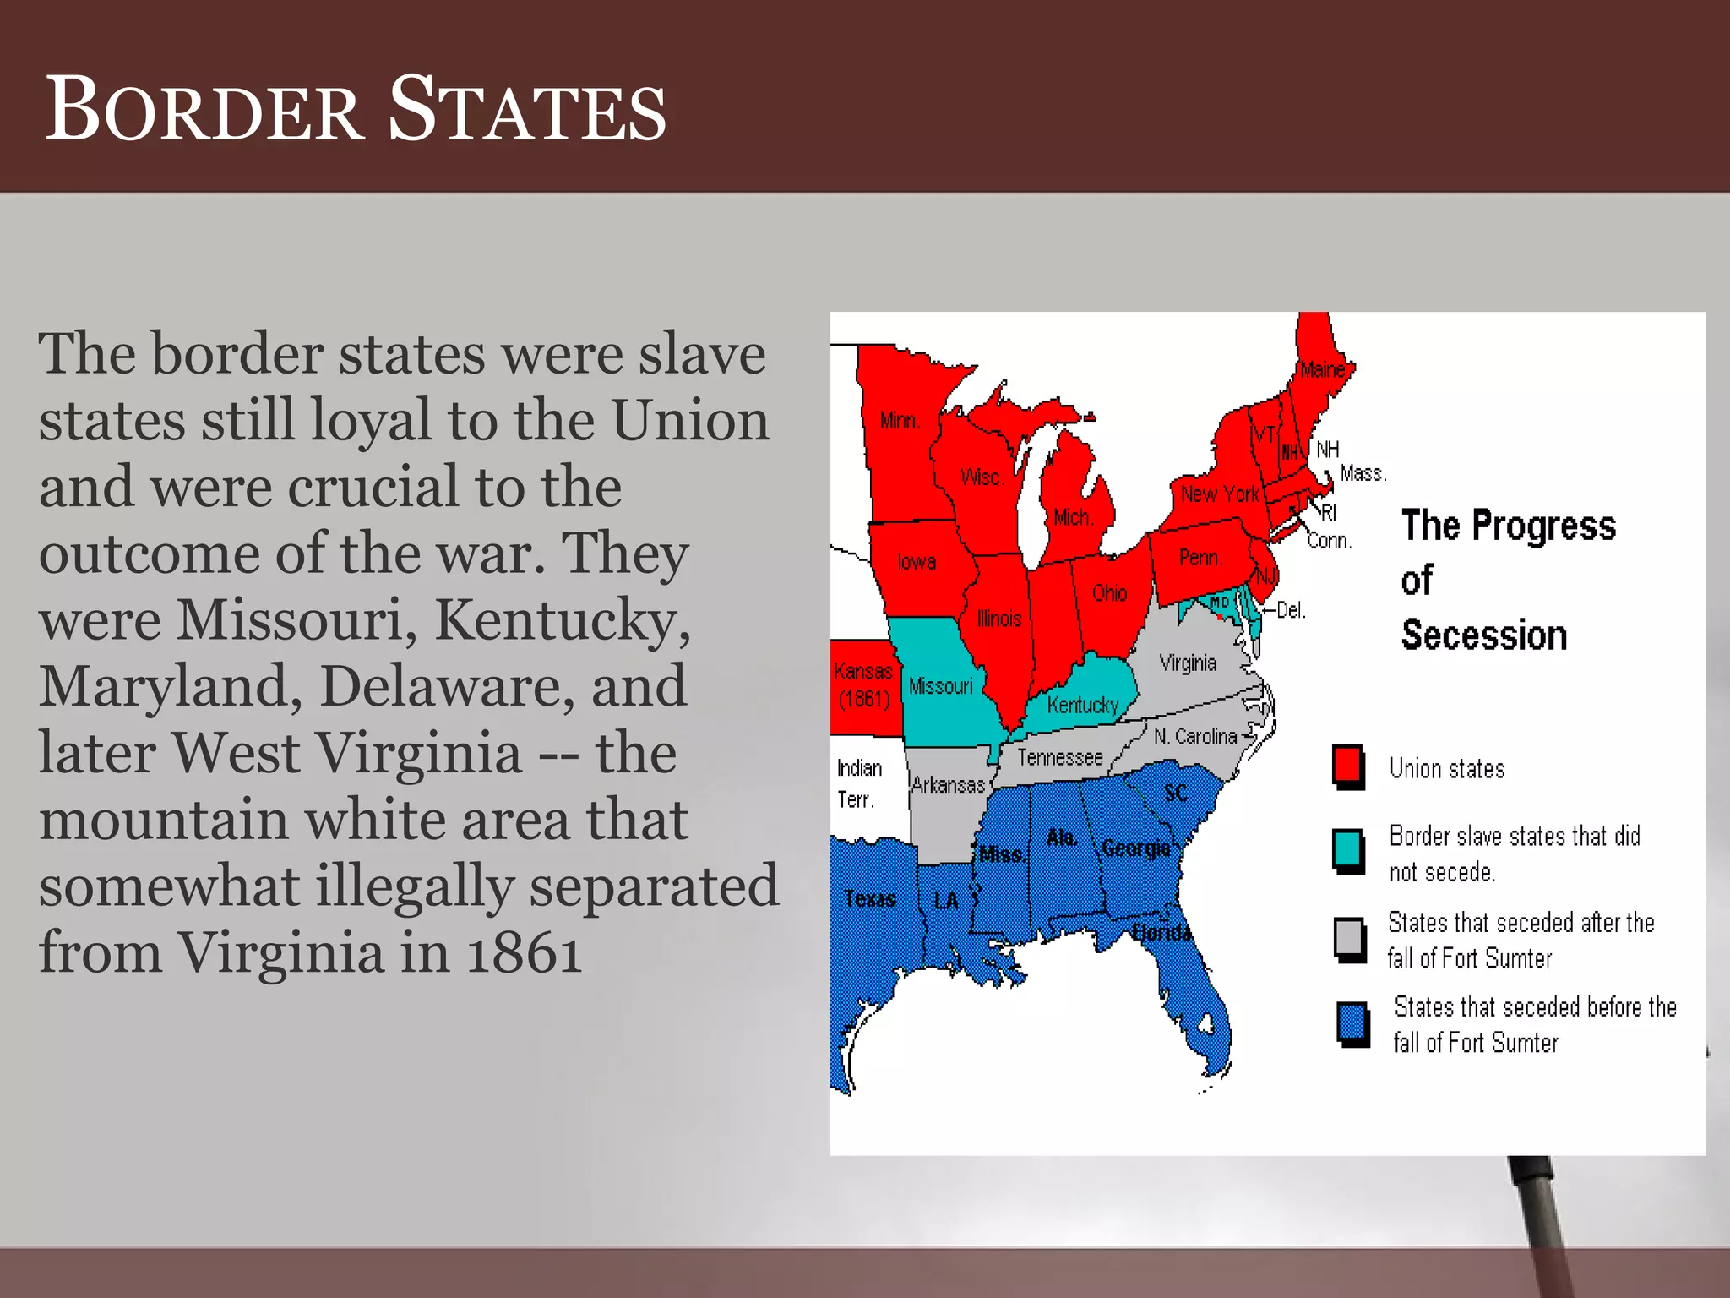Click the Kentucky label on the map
pos(1082,705)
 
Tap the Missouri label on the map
pos(940,686)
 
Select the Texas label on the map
pos(869,899)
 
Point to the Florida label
pos(1161,932)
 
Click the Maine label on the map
pos(1322,369)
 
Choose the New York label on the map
pos(1219,494)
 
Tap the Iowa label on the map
pos(917,562)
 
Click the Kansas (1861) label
pos(863,685)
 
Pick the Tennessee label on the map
pos(1059,757)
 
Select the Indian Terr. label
pos(858,783)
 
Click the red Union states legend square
pos(1347,765)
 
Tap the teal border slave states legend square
pos(1347,849)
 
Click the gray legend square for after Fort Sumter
pos(1349,938)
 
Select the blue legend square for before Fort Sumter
pos(1352,1023)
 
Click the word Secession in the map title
pos(1483,635)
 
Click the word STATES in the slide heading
pos(527,110)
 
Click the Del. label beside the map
pos(1291,610)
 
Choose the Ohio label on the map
pos(1109,593)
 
